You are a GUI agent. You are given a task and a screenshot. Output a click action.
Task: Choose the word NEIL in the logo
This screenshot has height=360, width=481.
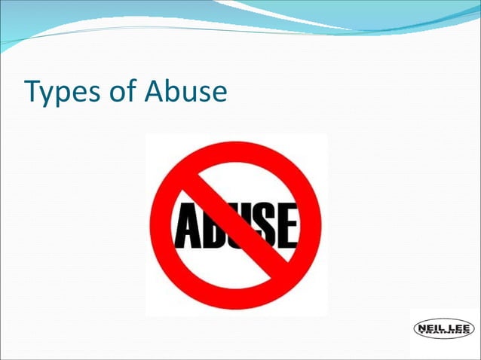430,328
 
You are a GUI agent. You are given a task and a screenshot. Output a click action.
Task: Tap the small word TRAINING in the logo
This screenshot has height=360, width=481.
445,334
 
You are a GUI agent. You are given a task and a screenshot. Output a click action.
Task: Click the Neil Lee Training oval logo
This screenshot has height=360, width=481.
444,329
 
